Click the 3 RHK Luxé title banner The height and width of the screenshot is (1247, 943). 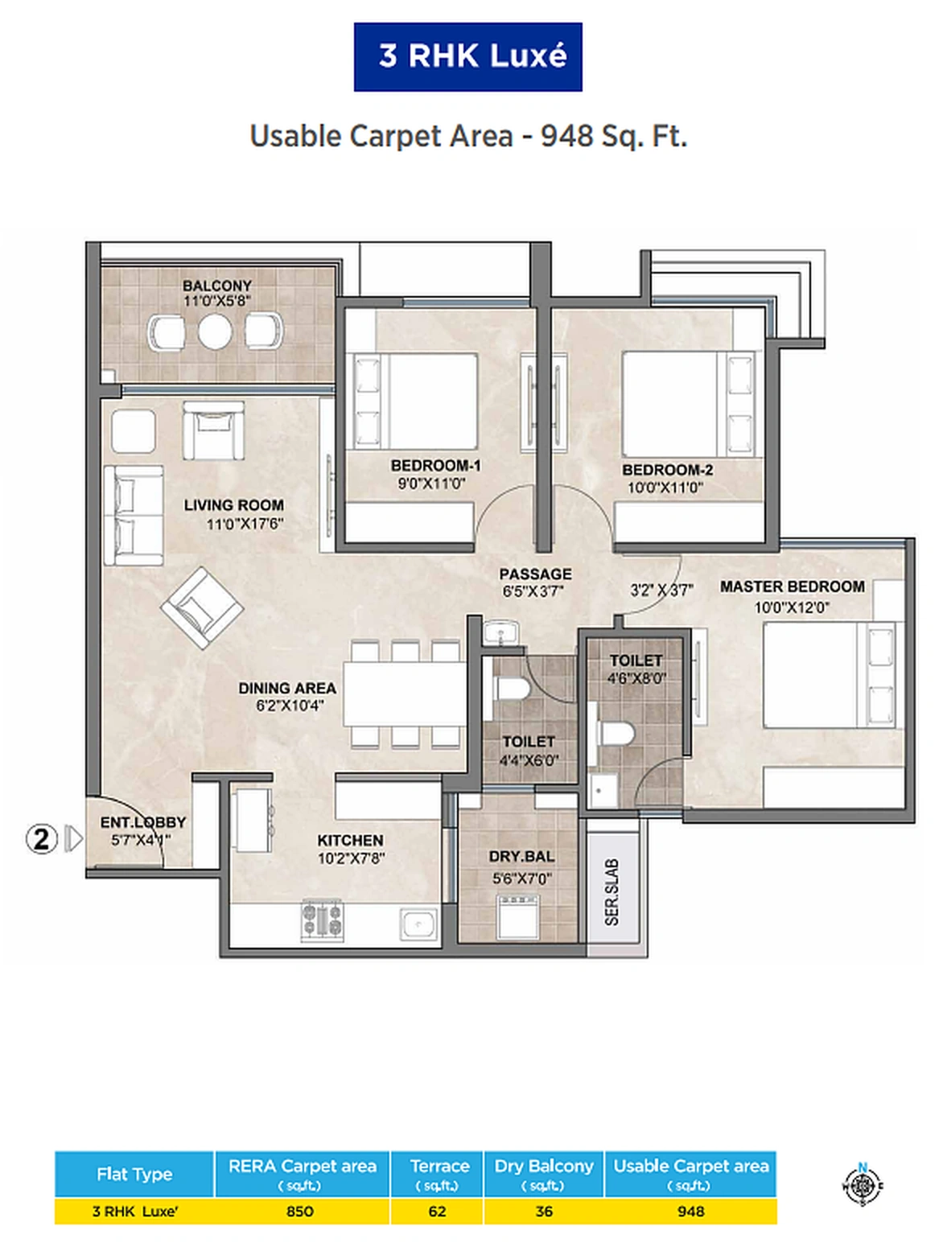(467, 56)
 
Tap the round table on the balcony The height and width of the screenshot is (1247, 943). (215, 331)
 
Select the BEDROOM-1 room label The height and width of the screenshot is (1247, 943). (435, 465)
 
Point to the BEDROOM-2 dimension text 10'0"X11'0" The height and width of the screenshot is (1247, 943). (665, 488)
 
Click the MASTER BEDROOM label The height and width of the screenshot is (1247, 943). (792, 586)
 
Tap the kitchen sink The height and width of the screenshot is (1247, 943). (418, 925)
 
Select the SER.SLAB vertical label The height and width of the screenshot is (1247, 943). (612, 891)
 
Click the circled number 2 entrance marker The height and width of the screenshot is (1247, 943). (42, 839)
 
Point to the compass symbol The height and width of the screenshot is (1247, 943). (863, 1185)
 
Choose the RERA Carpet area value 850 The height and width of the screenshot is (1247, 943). (300, 1211)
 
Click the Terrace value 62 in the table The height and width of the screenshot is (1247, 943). (437, 1211)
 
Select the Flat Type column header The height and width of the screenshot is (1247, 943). (134, 1174)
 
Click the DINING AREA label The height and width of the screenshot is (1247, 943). (287, 688)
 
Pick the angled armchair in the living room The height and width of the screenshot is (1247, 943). (202, 607)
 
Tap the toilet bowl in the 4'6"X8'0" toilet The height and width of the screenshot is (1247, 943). (616, 734)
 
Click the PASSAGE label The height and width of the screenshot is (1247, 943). (535, 574)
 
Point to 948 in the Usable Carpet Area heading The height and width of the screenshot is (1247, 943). (566, 136)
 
